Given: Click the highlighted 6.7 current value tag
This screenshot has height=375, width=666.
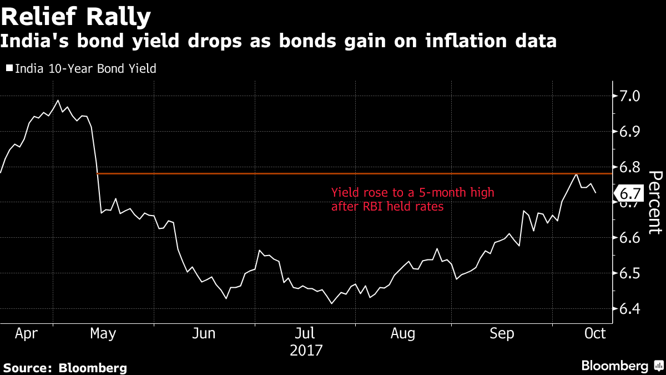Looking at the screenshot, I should click(629, 194).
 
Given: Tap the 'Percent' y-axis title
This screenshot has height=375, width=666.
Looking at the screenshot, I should click(655, 202).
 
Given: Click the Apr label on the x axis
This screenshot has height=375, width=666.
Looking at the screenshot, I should click(26, 333).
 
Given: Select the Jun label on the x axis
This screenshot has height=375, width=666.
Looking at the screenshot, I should click(204, 333).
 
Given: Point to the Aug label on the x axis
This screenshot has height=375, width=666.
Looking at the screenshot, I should click(403, 333).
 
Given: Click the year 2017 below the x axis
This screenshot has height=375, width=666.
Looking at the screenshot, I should click(306, 351).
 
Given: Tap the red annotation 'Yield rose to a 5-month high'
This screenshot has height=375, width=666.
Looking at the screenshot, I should click(412, 193).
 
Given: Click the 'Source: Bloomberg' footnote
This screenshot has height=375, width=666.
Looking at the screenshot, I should click(65, 368).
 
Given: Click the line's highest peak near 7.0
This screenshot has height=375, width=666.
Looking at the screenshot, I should click(58, 101).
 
